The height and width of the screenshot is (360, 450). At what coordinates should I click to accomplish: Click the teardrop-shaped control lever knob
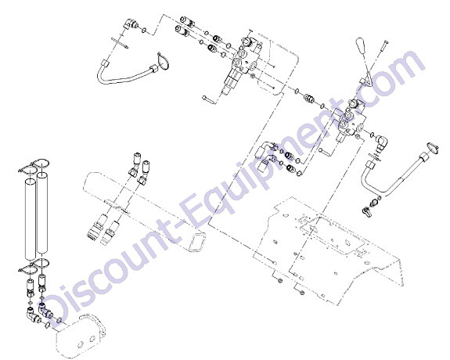tap(361, 46)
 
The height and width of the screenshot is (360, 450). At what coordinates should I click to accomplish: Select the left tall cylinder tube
tap(31, 220)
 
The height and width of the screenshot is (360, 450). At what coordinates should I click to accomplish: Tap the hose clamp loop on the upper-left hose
tap(164, 62)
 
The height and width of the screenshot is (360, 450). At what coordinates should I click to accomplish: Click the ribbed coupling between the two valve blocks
tap(309, 99)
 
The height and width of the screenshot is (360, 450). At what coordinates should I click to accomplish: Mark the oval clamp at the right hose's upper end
tap(433, 146)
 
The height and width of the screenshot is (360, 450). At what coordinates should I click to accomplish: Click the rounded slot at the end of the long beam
tap(199, 243)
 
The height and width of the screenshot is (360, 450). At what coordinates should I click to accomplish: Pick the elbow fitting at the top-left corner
tap(130, 24)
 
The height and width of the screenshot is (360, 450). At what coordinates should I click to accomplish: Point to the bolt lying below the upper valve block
tap(208, 99)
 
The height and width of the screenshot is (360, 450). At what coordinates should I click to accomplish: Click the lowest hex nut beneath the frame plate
tap(301, 293)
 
